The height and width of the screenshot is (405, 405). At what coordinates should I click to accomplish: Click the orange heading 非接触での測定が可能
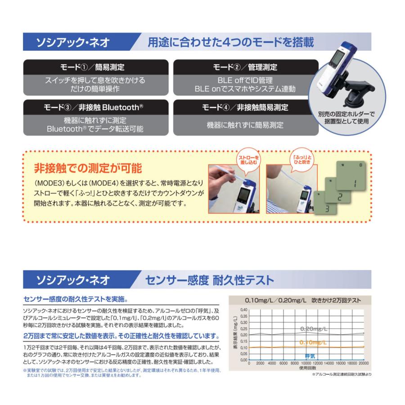[x=88, y=169]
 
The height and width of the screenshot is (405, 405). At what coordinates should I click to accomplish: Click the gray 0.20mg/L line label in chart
[x=314, y=329]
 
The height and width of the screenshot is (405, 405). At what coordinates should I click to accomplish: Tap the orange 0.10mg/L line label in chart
[x=313, y=343]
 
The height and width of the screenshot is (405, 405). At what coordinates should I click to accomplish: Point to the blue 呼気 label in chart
[x=310, y=355]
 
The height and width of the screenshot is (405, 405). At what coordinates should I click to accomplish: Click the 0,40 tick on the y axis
[x=243, y=310]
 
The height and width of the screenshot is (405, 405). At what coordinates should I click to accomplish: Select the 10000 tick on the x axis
[x=306, y=363]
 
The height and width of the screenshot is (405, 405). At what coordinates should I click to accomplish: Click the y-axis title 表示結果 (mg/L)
[x=235, y=335]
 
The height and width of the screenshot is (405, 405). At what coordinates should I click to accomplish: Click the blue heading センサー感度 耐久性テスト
[x=209, y=280]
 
